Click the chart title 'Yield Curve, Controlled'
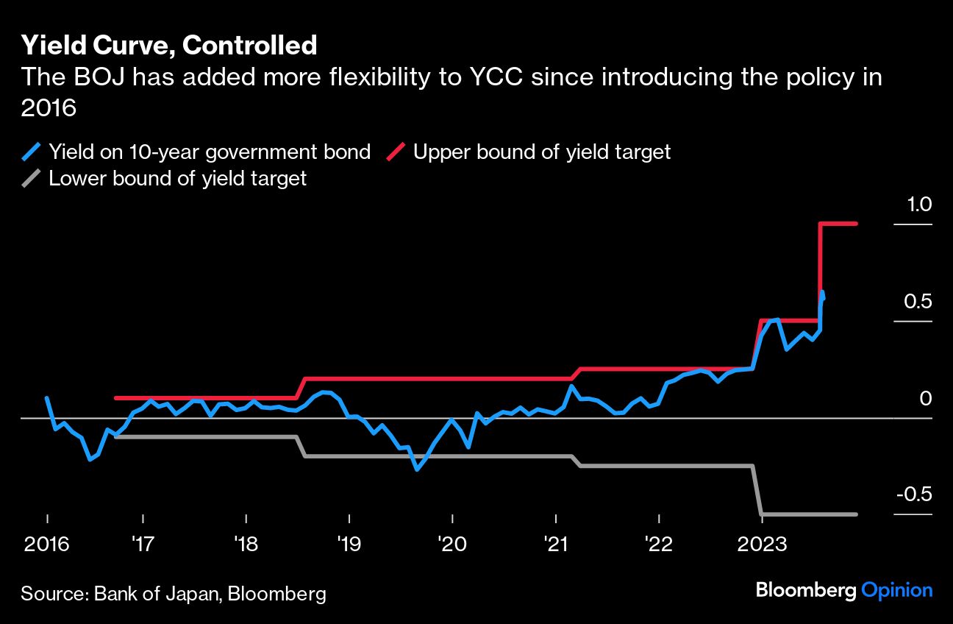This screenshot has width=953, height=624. pos(169,46)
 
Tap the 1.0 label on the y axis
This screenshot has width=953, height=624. pos(918,205)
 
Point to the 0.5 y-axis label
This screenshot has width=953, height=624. pos(918,302)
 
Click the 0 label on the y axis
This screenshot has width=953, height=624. pos(926,398)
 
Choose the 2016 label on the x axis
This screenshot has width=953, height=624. pos(47,545)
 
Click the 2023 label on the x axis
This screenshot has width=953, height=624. pos(762,545)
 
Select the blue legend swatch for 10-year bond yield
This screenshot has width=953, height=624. pos(32,152)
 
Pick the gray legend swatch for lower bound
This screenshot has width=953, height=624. pos(32,178)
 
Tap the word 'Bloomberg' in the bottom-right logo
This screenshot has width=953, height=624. pos(806,589)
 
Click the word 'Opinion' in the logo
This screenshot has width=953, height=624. pos(897,589)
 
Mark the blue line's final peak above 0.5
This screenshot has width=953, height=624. pos(821,292)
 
